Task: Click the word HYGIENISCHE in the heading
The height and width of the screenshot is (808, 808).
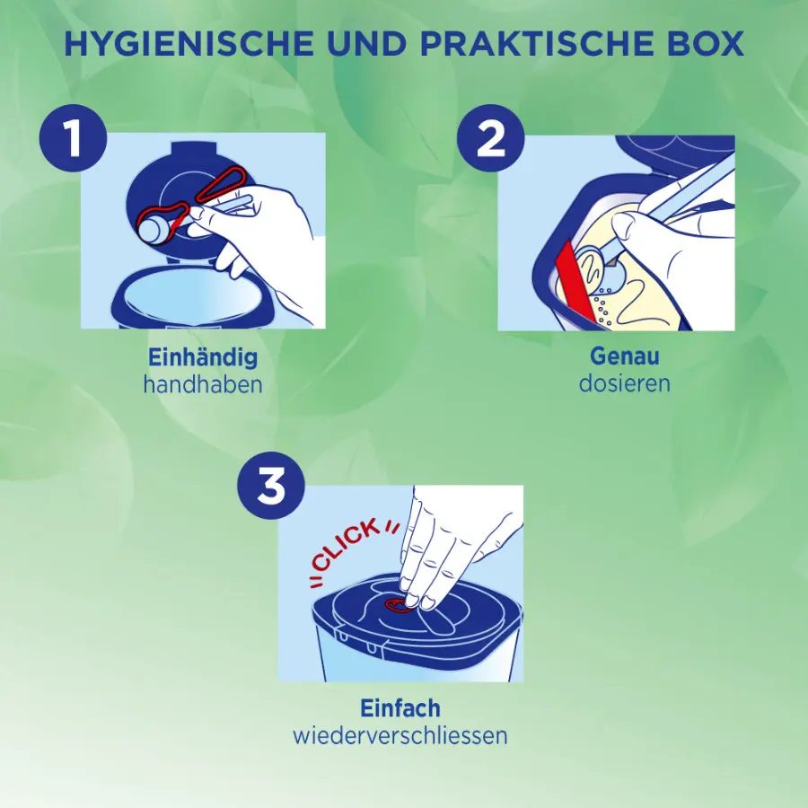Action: click(189, 43)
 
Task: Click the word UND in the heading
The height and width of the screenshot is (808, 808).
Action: click(366, 43)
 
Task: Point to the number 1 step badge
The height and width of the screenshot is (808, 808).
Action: click(74, 138)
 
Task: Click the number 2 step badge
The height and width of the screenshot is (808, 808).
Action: click(490, 138)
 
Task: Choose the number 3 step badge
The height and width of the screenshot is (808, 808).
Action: click(271, 486)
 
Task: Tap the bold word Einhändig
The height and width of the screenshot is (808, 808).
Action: click(203, 357)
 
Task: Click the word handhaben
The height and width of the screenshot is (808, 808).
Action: click(203, 384)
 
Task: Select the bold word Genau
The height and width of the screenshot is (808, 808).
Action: click(625, 356)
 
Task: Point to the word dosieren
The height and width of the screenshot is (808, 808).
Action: click(625, 383)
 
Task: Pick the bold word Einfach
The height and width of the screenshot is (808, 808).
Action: click(400, 708)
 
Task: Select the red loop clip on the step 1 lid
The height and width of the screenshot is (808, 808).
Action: click(220, 184)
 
